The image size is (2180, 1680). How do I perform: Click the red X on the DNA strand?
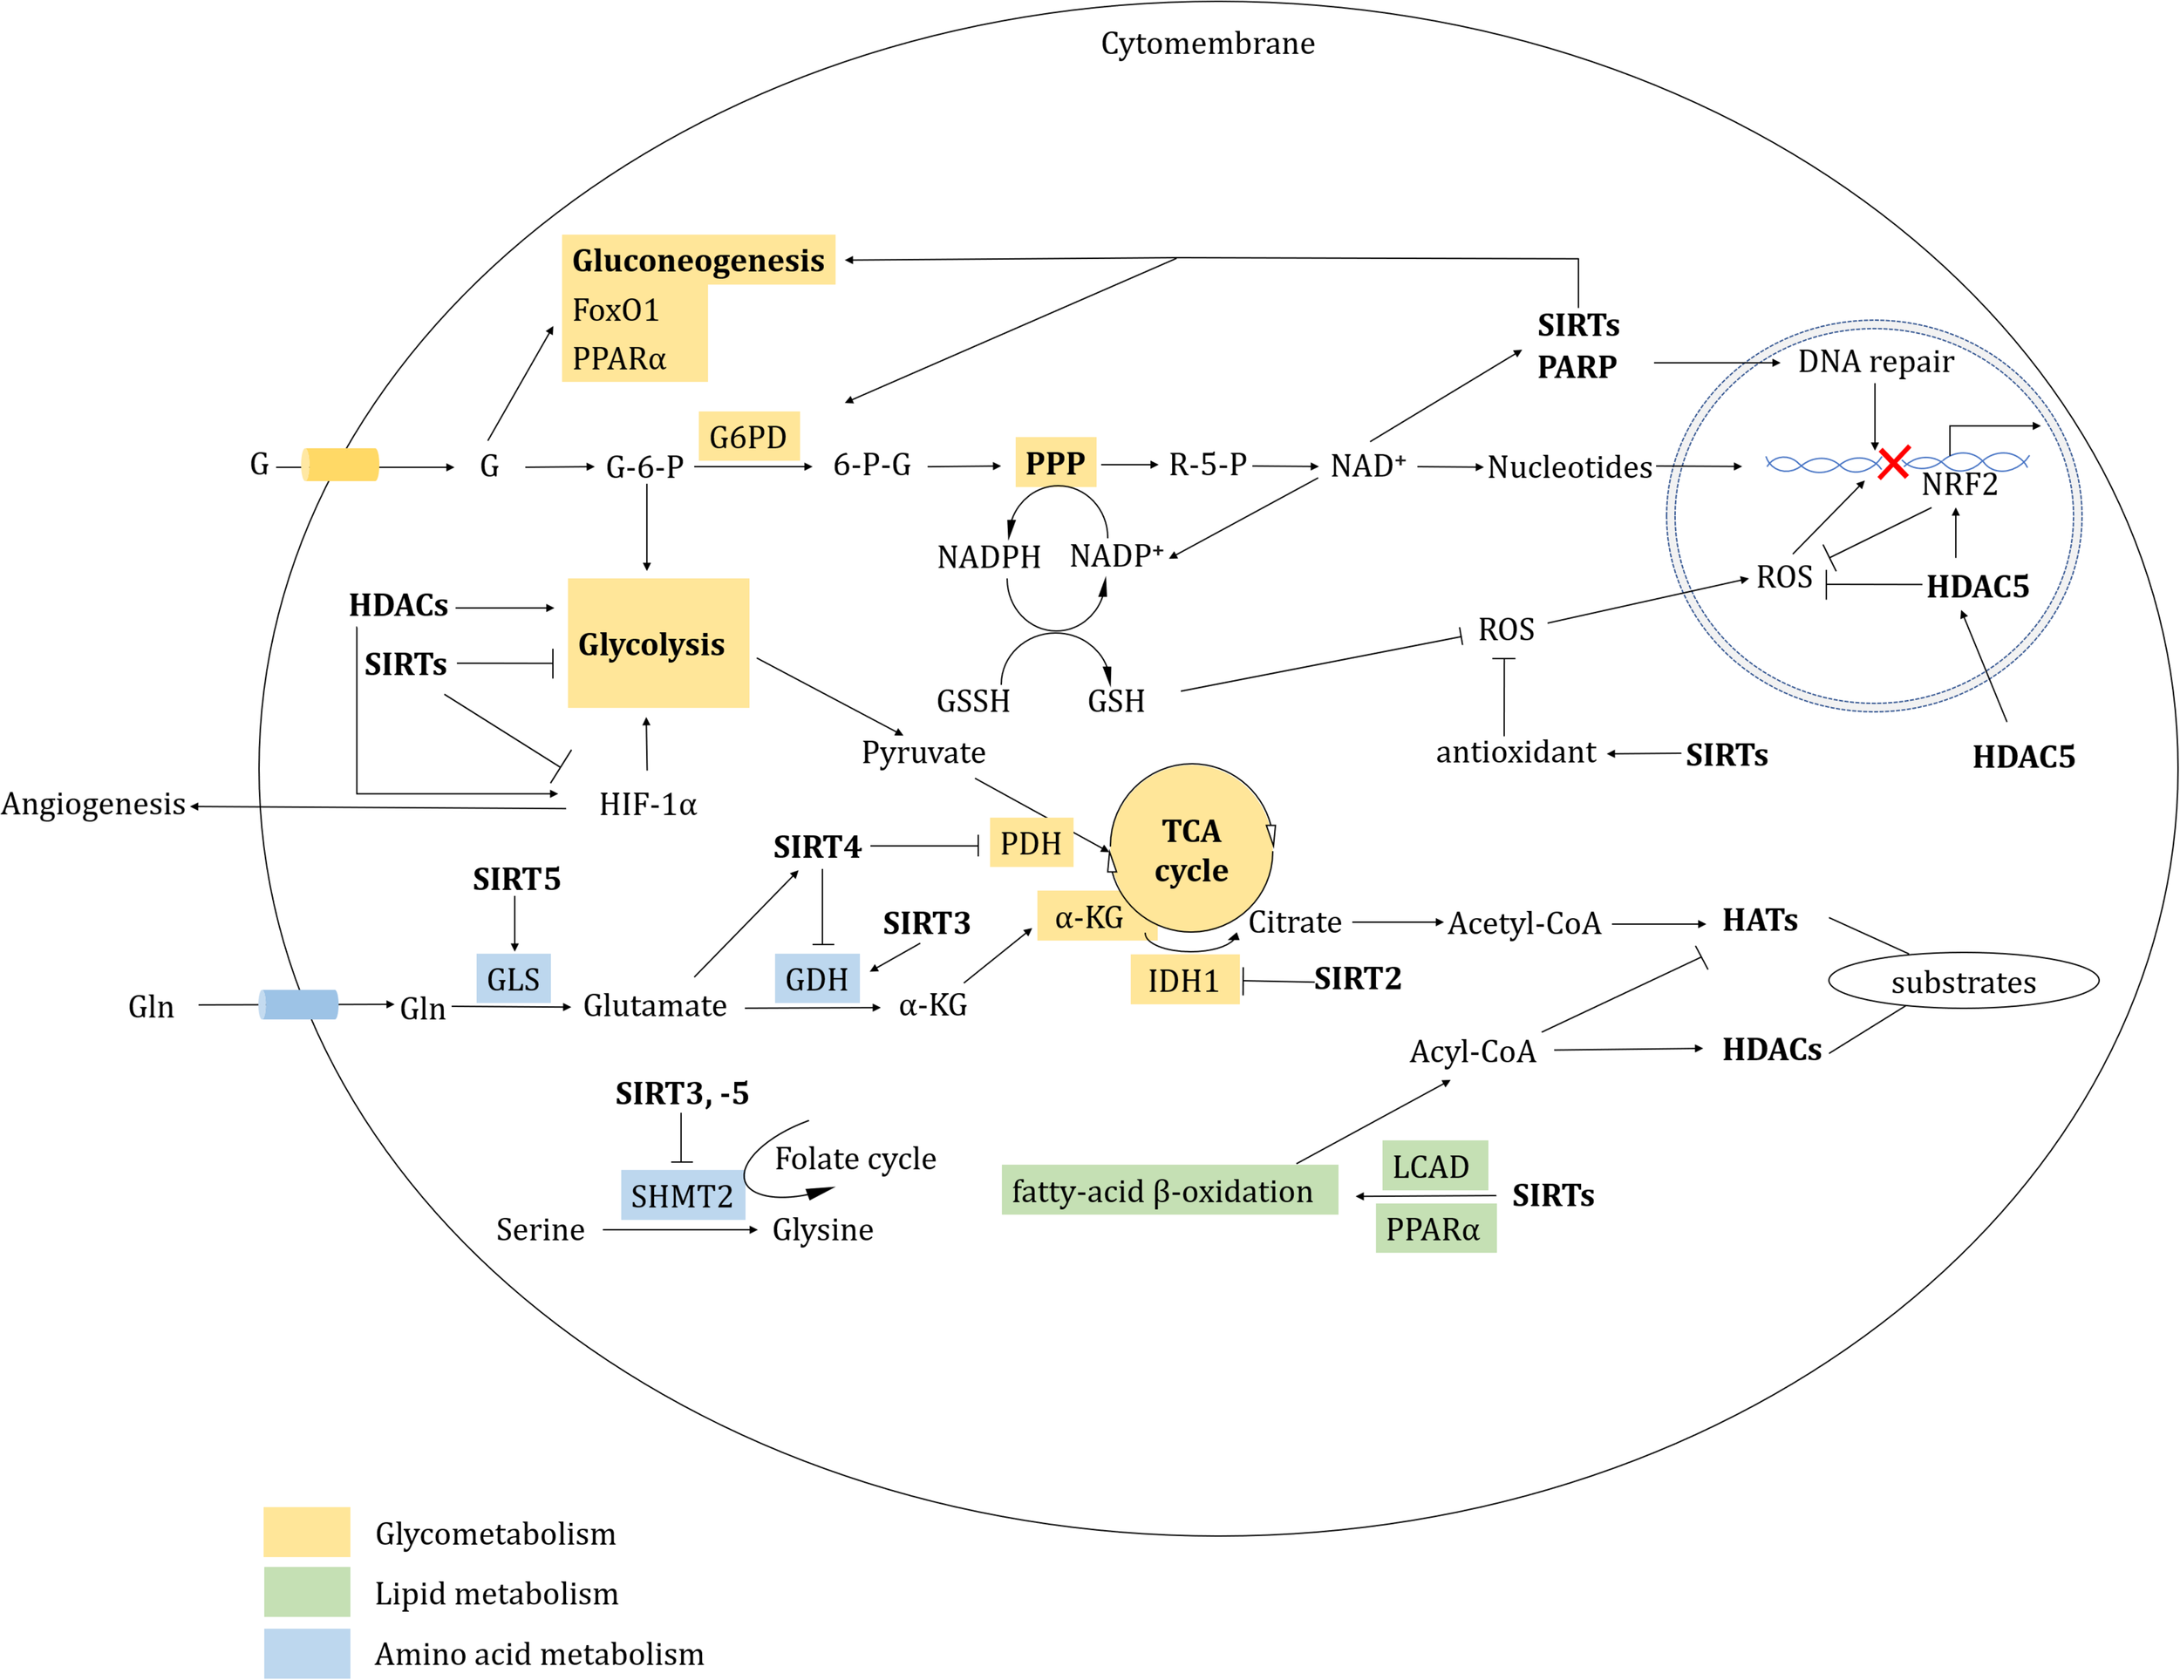click(x=1893, y=462)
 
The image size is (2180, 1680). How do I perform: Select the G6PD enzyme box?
click(x=749, y=436)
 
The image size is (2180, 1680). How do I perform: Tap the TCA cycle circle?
click(x=1191, y=849)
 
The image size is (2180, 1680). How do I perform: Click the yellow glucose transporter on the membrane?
click(x=340, y=466)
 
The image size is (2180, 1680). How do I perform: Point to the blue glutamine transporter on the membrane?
click(x=298, y=1004)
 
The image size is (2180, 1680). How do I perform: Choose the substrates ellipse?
click(x=1964, y=982)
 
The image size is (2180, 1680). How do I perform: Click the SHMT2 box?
click(x=683, y=1195)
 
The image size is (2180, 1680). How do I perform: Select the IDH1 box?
click(x=1185, y=979)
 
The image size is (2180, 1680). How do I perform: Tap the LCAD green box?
click(x=1434, y=1165)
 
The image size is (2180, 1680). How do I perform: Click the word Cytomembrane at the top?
click(x=1208, y=43)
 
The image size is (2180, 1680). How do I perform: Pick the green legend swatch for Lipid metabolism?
click(x=306, y=1591)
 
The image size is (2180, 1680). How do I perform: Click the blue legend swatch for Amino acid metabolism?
click(x=306, y=1653)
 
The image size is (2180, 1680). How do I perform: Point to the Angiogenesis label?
click(x=92, y=805)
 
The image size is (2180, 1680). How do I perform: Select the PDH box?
click(x=1031, y=842)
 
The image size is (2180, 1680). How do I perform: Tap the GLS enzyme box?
click(x=513, y=978)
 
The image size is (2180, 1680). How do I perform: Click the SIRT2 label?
click(x=1358, y=978)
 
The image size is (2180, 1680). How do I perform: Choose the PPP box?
click(x=1055, y=462)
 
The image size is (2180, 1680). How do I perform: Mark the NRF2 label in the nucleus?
click(x=1959, y=485)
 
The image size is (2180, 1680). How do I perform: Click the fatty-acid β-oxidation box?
click(x=1168, y=1190)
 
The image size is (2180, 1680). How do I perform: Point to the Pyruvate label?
click(x=923, y=752)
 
